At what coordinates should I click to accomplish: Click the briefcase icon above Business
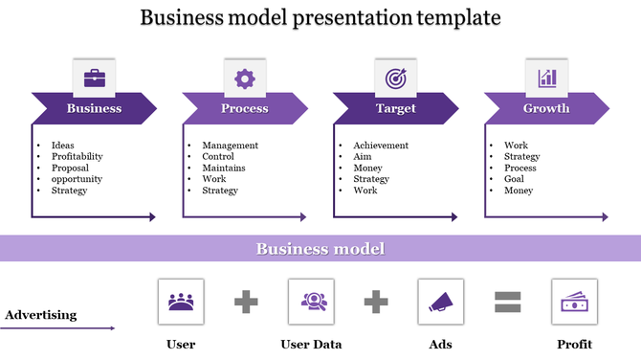click(x=94, y=78)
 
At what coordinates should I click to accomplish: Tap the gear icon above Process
click(x=245, y=78)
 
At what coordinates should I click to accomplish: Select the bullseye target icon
click(x=395, y=78)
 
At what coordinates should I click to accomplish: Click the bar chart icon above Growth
click(x=546, y=78)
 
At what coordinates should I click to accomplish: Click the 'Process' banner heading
click(x=245, y=108)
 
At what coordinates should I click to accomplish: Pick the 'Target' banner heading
click(x=396, y=108)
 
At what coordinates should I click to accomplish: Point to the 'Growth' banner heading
click(x=546, y=108)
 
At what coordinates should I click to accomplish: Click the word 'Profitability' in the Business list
click(x=77, y=156)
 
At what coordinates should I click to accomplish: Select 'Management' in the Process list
click(x=230, y=146)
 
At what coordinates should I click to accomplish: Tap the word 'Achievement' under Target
click(x=381, y=146)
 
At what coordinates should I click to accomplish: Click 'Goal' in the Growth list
click(x=514, y=179)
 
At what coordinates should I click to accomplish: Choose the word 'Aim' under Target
click(x=362, y=156)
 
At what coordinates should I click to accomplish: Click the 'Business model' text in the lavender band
click(x=320, y=249)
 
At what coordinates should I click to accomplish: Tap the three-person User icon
click(x=181, y=302)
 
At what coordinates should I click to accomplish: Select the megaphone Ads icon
click(x=441, y=302)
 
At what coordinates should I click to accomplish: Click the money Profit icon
click(x=575, y=302)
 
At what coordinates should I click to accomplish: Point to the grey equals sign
click(x=508, y=303)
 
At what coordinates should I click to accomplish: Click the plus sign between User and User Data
click(x=246, y=303)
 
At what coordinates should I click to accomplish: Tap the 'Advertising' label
click(x=41, y=314)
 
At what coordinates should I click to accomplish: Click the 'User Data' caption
click(x=311, y=344)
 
